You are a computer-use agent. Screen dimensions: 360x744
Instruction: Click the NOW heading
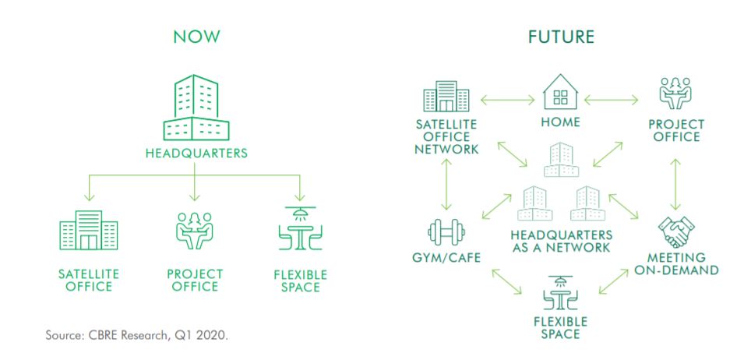click(x=196, y=37)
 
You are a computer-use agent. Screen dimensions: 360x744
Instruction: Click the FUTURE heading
click(x=562, y=37)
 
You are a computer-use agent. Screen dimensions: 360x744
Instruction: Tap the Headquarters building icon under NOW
click(x=196, y=106)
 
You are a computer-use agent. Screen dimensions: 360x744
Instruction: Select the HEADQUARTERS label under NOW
click(x=196, y=154)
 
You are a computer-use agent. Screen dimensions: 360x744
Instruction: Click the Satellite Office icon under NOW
click(x=89, y=230)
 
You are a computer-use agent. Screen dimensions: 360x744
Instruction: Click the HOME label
click(x=560, y=123)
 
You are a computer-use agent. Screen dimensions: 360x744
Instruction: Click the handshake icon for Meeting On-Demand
click(x=674, y=230)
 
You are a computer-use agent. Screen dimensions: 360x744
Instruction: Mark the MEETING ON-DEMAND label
click(x=675, y=263)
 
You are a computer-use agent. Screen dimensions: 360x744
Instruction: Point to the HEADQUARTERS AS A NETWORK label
click(x=561, y=241)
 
